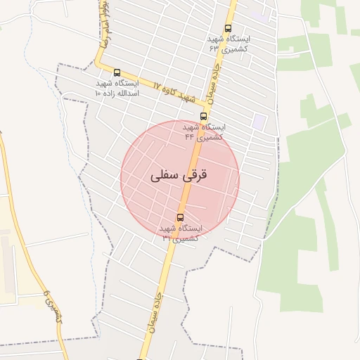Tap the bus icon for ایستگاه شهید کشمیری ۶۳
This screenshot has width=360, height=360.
[227, 29]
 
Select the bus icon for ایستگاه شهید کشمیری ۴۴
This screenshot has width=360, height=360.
[203, 116]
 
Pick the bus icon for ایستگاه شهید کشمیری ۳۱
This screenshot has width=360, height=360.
[180, 217]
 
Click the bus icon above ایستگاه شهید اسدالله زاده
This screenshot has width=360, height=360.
[116, 72]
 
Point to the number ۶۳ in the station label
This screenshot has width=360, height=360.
[214, 49]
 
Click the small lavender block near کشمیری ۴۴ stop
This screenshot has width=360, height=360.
[260, 121]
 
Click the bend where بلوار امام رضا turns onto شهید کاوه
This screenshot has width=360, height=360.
[99, 67]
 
